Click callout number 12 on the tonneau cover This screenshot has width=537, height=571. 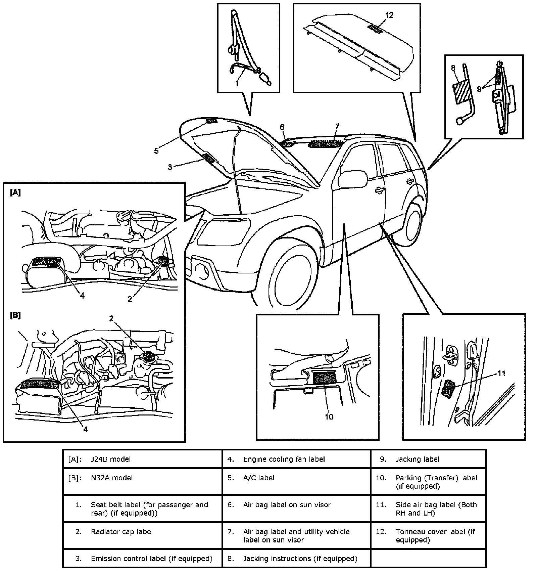(389, 15)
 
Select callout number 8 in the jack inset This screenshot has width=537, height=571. (453, 68)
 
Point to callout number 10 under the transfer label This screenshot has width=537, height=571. (329, 417)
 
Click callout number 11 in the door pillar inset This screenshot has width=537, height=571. (501, 374)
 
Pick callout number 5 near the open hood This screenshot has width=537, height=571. (156, 151)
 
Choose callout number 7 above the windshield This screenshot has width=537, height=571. (337, 127)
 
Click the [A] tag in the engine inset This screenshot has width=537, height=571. (15, 192)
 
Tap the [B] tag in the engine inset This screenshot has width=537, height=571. (15, 316)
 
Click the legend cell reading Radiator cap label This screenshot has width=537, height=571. (121, 532)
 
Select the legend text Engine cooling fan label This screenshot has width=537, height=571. (284, 459)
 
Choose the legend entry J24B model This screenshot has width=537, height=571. (111, 459)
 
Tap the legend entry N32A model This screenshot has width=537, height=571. (112, 478)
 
